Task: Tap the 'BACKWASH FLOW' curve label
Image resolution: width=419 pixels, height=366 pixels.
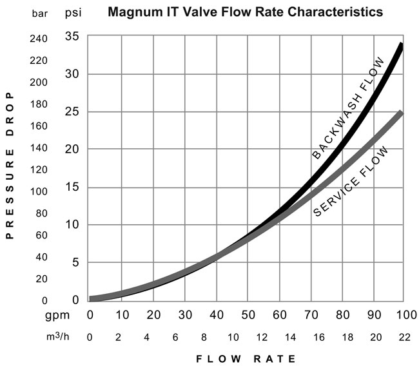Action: tap(348, 108)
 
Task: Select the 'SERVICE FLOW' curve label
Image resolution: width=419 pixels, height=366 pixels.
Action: tap(351, 182)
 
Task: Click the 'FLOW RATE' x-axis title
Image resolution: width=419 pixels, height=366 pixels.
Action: tap(245, 358)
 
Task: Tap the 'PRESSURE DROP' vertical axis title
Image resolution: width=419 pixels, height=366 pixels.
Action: tap(10, 165)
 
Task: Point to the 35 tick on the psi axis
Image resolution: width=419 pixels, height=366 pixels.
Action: tap(73, 35)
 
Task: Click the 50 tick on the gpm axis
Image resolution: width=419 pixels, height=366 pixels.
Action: tap(248, 314)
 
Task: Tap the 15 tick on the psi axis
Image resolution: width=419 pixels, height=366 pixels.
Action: tap(73, 188)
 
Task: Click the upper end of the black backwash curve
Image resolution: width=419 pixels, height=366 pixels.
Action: tap(402, 46)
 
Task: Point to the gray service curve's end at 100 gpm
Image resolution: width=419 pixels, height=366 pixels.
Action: tap(401, 114)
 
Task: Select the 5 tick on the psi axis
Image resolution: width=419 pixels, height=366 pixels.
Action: tap(76, 263)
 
